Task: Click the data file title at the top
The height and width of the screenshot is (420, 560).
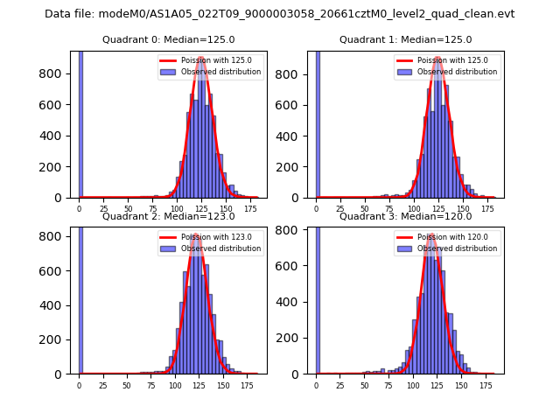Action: (x=279, y=14)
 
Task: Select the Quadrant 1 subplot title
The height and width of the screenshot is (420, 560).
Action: (x=405, y=39)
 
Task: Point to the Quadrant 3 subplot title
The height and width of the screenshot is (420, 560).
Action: (x=405, y=216)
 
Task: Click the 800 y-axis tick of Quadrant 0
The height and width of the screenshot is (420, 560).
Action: (x=59, y=74)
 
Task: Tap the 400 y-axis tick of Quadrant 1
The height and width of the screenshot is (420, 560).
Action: (x=296, y=136)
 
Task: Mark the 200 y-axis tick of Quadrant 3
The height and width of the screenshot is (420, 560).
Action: (x=296, y=338)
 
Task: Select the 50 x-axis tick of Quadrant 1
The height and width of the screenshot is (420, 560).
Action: (x=364, y=209)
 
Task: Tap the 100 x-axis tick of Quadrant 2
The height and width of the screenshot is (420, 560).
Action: (x=175, y=385)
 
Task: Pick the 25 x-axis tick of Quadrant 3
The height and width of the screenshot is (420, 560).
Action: (x=340, y=385)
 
